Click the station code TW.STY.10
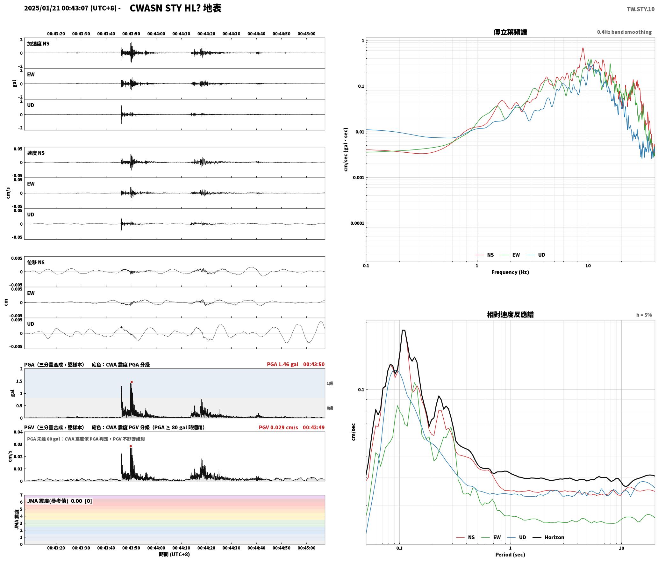pyautogui.click(x=640, y=9)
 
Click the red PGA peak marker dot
pyautogui.click(x=132, y=382)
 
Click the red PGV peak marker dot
pyautogui.click(x=131, y=446)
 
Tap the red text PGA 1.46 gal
pyautogui.click(x=283, y=364)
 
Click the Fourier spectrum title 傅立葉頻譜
pyautogui.click(x=510, y=32)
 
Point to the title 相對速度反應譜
pyautogui.click(x=510, y=315)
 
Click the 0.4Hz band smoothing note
pyautogui.click(x=624, y=32)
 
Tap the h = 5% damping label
pyautogui.click(x=644, y=315)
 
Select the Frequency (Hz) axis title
pyautogui.click(x=510, y=272)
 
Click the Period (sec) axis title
pyautogui.click(x=510, y=555)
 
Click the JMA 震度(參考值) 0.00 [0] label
pyautogui.click(x=60, y=501)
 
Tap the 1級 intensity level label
pyautogui.click(x=330, y=383)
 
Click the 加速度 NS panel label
pyautogui.click(x=38, y=44)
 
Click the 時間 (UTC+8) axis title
pyautogui.click(x=175, y=554)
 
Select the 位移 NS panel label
pyautogui.click(x=36, y=262)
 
